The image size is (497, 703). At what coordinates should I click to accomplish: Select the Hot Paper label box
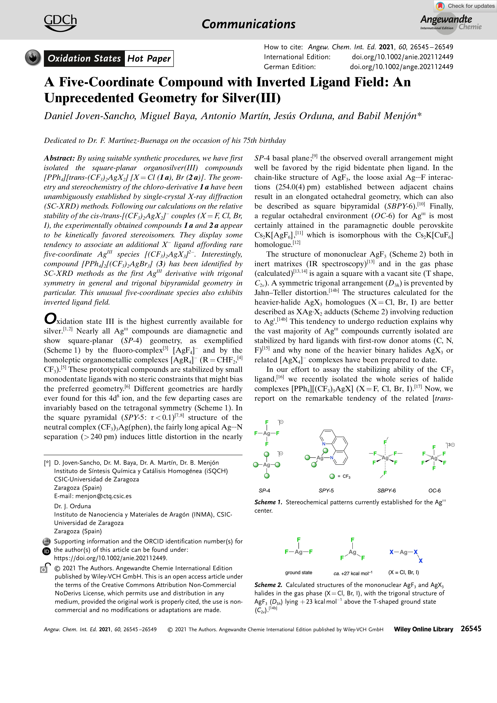[x=149, y=59]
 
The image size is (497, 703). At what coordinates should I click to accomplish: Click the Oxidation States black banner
[x=84, y=59]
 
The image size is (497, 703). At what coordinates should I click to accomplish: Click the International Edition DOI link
[x=402, y=57]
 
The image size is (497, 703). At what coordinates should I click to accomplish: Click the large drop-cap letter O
[x=50, y=319]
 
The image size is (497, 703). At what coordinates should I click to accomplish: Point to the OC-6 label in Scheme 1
[x=434, y=491]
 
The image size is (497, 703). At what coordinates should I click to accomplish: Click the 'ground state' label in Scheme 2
[x=298, y=573]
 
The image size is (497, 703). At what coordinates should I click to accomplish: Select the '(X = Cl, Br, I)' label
[x=403, y=572]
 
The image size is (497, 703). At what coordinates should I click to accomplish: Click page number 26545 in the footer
[x=471, y=629]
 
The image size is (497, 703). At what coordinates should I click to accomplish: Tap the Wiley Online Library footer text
[x=423, y=629]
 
